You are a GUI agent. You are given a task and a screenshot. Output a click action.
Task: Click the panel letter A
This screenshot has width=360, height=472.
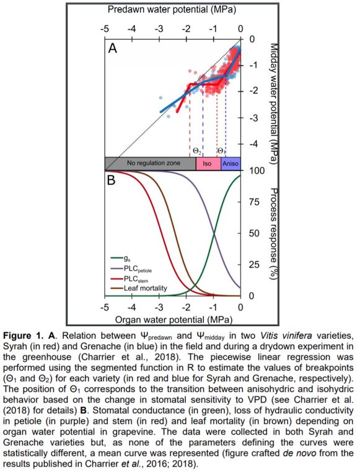point(113,48)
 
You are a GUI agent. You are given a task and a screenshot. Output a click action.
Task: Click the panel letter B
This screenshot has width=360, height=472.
point(112,180)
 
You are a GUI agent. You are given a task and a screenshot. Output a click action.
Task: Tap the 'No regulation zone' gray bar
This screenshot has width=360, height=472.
point(151,164)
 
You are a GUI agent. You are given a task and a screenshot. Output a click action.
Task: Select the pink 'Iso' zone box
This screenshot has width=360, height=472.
point(208,164)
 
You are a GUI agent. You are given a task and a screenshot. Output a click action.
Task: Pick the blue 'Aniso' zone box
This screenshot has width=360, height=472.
point(230,164)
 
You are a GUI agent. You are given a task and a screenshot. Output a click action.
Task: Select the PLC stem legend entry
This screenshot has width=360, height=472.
point(130,278)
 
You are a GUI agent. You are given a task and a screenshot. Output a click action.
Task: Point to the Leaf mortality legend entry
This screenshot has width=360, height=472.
point(139,288)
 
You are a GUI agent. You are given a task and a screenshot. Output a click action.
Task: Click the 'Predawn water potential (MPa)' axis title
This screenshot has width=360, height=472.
point(172,9)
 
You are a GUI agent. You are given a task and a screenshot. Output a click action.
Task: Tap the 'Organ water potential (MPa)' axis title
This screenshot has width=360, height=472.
point(174,319)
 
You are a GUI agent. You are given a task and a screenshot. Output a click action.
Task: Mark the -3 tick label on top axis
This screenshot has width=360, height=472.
point(159,29)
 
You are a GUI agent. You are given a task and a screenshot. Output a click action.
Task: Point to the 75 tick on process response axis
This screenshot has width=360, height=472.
point(254,202)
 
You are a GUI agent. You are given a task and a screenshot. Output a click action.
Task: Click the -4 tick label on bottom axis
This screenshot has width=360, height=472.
point(131,308)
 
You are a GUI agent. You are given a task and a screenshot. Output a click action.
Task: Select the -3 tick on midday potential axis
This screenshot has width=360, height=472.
point(252,118)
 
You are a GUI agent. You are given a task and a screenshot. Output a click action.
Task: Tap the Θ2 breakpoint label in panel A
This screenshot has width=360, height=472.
point(196,151)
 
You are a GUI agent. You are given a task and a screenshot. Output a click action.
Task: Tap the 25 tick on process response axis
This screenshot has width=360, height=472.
point(254,265)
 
